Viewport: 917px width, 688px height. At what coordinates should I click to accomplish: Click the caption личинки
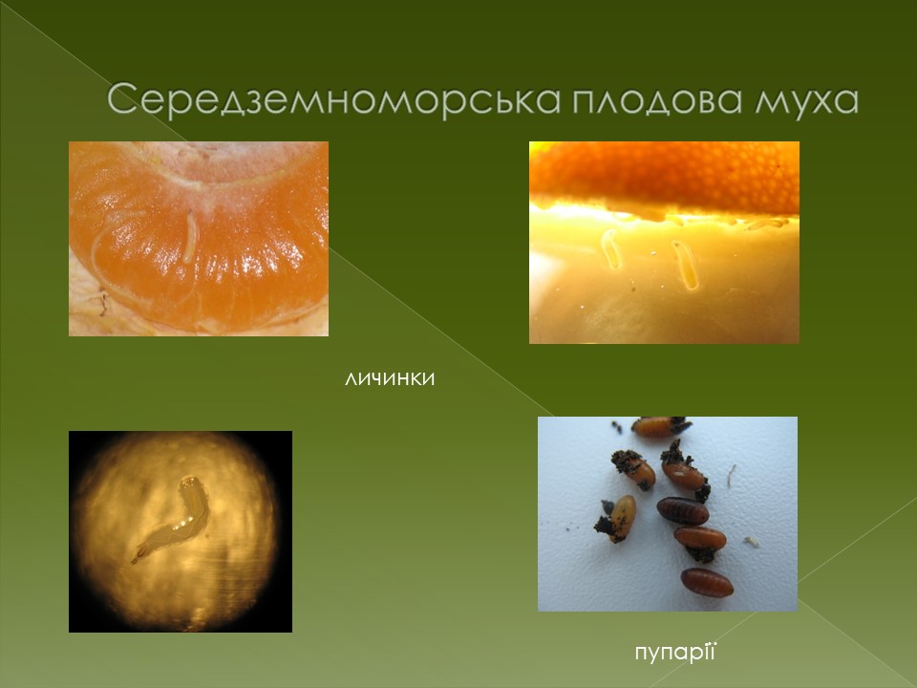pos(390,378)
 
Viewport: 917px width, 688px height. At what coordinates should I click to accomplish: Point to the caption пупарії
pos(675,652)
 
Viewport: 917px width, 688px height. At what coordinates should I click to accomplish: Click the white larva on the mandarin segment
pos(190,236)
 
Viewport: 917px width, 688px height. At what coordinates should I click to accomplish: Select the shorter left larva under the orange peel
pos(611,248)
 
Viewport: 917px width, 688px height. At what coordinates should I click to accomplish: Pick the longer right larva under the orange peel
pos(686,265)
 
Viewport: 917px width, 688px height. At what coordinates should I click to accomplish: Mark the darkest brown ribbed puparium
pos(682,510)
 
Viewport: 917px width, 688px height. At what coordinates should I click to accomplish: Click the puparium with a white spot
pos(683,475)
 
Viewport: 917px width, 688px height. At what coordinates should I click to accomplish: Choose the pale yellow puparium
pos(622,517)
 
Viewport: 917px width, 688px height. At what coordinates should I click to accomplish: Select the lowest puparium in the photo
pos(707,583)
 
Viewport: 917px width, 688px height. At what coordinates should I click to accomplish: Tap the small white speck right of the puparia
pos(752,542)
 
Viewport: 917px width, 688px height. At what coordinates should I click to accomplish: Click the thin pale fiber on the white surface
pos(731,476)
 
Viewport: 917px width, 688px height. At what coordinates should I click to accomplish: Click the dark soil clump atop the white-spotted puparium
pos(673,452)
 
